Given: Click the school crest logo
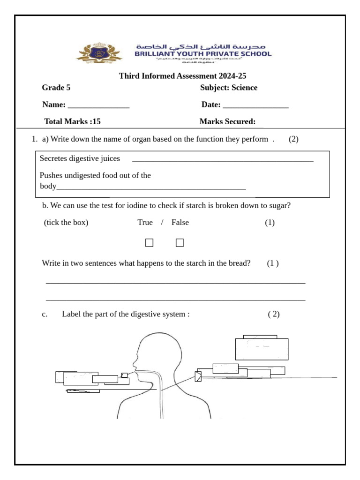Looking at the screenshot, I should (x=99, y=53).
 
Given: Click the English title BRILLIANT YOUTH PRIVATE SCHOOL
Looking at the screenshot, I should (x=202, y=54).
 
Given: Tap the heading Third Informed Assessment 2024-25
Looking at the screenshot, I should (x=182, y=76).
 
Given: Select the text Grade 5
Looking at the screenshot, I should (x=56, y=88).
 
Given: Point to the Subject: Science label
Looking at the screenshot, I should (x=229, y=88).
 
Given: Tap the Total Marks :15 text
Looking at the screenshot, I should (x=72, y=122).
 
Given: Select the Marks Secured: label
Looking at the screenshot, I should (x=227, y=122).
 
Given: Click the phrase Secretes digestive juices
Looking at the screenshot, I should (x=80, y=158).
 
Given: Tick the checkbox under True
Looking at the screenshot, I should (x=149, y=242).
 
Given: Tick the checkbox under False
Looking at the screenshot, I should (x=180, y=242).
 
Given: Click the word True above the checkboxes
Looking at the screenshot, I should (x=145, y=222).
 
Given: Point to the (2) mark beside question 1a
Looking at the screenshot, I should (x=293, y=139).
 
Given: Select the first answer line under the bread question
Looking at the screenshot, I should (x=175, y=283).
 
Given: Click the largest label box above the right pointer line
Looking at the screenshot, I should (x=262, y=349).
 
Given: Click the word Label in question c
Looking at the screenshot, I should (x=71, y=314).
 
